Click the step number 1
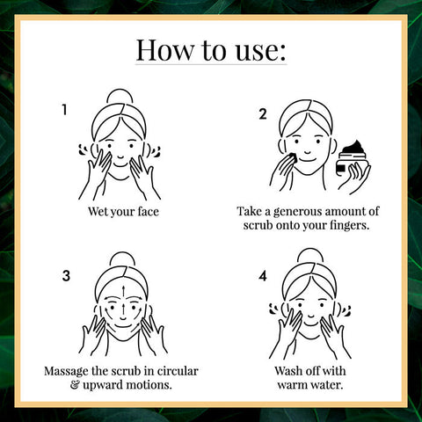pos(64,110)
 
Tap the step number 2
pos(263,114)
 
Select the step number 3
pos(66,276)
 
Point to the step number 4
pos(263,276)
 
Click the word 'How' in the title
pos(164,50)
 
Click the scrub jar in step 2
pos(352,159)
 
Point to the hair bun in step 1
pos(120,96)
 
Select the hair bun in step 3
pos(123,258)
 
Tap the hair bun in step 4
pos(310,255)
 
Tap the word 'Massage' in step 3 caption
pos(66,372)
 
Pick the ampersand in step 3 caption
pos(75,385)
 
